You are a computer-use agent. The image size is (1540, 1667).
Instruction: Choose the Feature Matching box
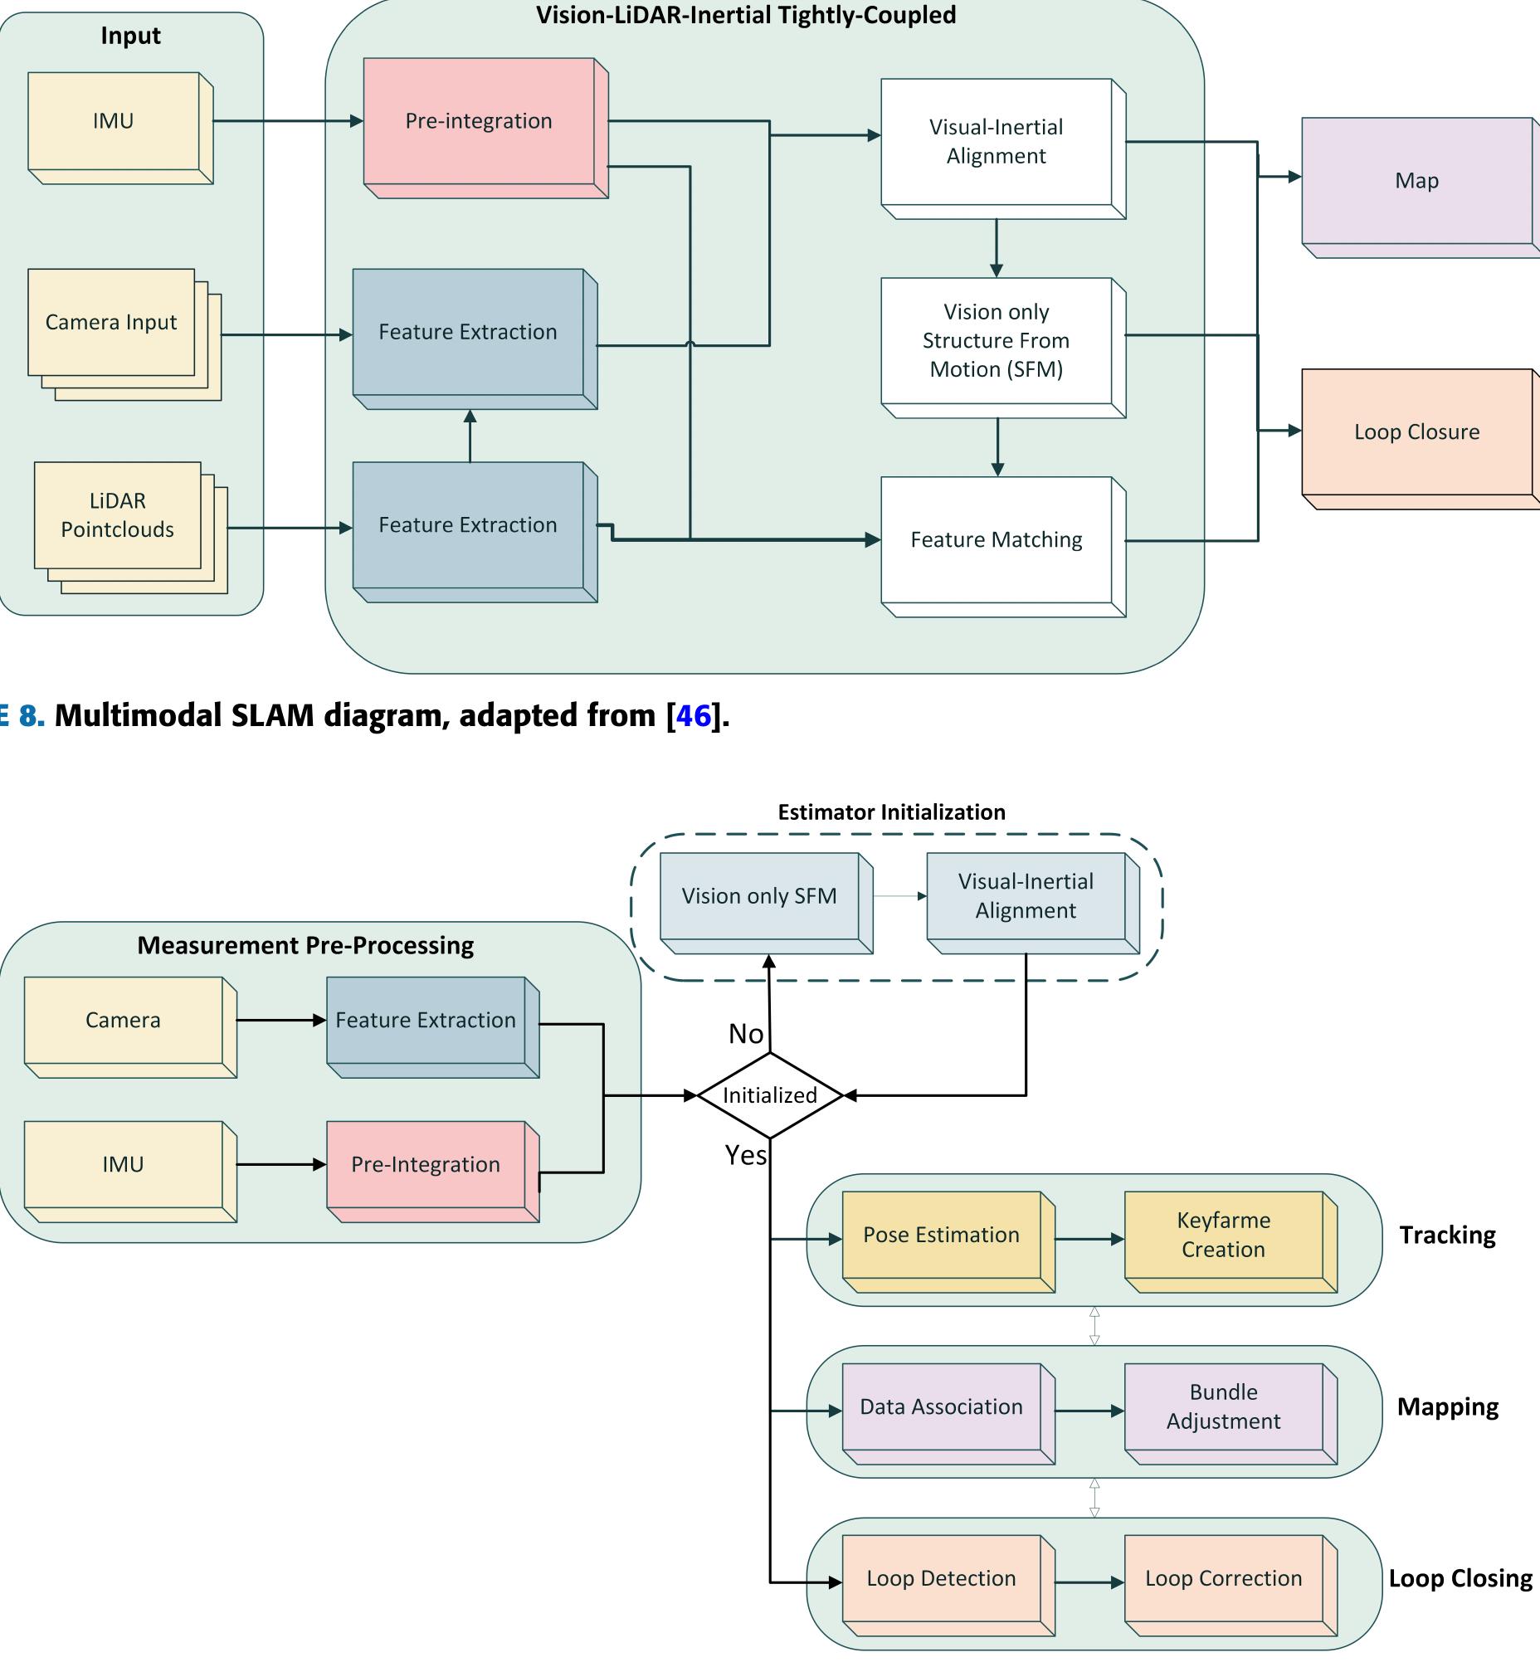tap(997, 540)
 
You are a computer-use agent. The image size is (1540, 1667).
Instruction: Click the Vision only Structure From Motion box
tap(997, 341)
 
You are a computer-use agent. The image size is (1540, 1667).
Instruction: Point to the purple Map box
tap(1416, 181)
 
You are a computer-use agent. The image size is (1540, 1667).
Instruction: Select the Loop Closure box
tap(1416, 432)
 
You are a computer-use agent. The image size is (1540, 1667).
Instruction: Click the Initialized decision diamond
tap(770, 1095)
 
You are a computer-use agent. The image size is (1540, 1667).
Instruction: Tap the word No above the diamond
tap(746, 1035)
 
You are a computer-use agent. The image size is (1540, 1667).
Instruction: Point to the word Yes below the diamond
tap(746, 1155)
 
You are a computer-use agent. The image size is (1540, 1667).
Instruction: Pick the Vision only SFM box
tap(759, 896)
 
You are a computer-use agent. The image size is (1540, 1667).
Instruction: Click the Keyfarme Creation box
tap(1223, 1236)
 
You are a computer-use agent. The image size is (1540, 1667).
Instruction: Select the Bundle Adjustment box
tap(1223, 1407)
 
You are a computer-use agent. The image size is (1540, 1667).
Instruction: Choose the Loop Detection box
tap(942, 1579)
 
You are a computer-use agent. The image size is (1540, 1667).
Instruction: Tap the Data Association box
tap(942, 1407)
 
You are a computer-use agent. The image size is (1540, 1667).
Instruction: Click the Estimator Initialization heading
tap(892, 812)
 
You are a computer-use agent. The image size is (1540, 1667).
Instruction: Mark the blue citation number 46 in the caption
tap(694, 716)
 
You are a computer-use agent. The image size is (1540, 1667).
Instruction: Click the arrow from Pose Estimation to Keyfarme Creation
tap(1089, 1240)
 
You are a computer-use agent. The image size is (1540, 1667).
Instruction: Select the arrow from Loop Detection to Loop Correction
tap(1089, 1583)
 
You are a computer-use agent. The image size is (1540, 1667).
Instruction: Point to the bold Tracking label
tap(1448, 1236)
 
